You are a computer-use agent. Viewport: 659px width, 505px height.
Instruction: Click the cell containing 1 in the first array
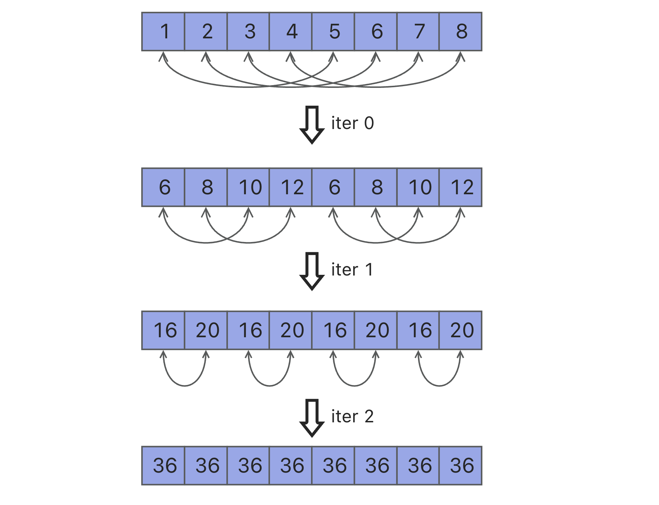(163, 32)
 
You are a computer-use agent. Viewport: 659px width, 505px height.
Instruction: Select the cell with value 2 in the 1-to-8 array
(206, 32)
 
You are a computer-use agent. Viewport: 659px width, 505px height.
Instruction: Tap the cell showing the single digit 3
(248, 32)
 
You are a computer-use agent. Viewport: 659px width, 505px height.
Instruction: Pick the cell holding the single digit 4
(291, 32)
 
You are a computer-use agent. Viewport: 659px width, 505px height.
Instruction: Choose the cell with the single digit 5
(333, 32)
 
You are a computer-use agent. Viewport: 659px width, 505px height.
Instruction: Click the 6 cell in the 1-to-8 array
(376, 32)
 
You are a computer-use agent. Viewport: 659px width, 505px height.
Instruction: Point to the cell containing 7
(418, 32)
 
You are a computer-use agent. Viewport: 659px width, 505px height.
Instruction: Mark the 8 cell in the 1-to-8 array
(461, 32)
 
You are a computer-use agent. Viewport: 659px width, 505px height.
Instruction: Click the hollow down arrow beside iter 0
(312, 125)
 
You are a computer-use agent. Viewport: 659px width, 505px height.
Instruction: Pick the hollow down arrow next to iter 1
(312, 271)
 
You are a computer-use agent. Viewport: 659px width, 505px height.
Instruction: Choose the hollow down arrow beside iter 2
(312, 418)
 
